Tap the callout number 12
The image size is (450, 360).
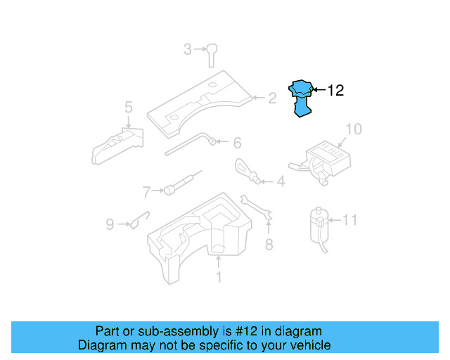point(335,90)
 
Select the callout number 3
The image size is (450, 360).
point(187,49)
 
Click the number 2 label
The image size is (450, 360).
point(272,98)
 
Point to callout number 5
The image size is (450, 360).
point(128,108)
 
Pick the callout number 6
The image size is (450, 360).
point(237,143)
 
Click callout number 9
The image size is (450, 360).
point(110,224)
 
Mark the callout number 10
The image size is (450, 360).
point(349,220)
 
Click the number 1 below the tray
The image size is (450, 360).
point(218,278)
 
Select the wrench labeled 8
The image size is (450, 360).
point(257,208)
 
